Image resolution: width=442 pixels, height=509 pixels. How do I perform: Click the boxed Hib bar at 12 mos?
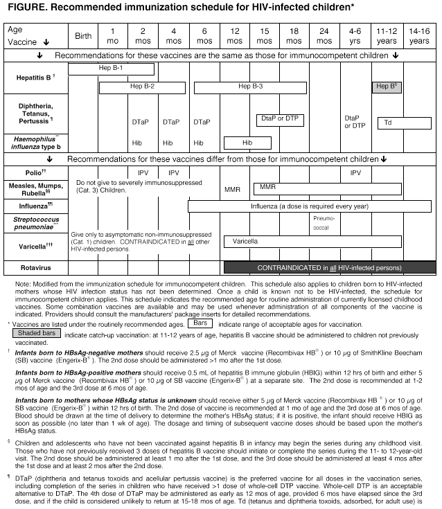[247, 143]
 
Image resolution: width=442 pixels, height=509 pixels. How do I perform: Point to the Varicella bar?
[313, 241]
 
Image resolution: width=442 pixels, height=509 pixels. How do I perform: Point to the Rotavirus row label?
[35, 267]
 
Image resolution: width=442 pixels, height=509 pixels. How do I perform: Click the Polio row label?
[35, 172]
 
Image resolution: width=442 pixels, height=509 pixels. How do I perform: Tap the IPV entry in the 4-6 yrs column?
[355, 172]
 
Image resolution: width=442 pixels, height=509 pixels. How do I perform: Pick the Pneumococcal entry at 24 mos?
[324, 221]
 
